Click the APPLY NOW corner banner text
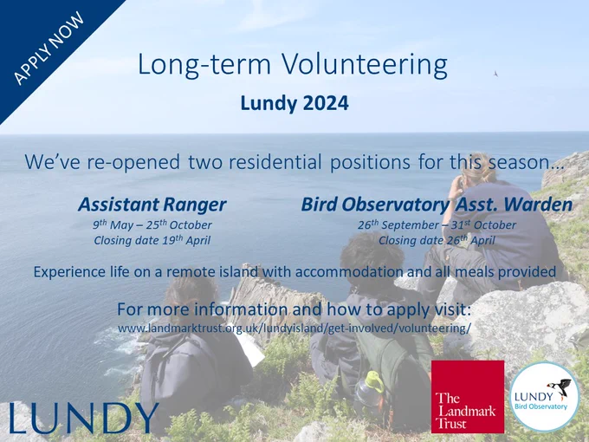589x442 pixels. [49, 48]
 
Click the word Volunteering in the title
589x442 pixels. [365, 65]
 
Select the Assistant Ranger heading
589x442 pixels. [152, 205]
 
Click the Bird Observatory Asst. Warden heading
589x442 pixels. [437, 205]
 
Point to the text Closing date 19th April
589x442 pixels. [152, 240]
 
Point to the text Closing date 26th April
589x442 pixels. [437, 240]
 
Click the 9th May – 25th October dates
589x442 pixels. [152, 224]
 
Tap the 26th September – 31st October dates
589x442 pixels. [437, 224]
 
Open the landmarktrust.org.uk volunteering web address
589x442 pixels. [294, 328]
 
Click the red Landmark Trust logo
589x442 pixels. [468, 397]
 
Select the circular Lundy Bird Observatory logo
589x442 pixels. [544, 397]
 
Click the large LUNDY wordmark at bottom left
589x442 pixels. [84, 417]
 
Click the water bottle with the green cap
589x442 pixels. [368, 390]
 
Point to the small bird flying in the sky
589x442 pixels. [495, 74]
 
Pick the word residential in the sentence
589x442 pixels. [275, 162]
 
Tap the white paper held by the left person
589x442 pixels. [250, 349]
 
